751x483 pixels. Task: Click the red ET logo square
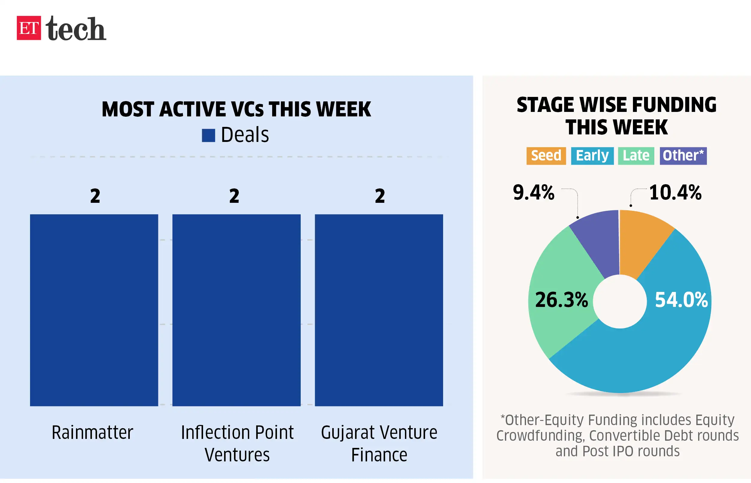29,28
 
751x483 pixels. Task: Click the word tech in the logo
76,28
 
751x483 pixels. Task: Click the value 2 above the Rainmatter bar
95,196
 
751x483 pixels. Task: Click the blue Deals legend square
208,136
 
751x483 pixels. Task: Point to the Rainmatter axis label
92,433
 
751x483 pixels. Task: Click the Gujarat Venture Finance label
379,443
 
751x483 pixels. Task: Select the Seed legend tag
546,156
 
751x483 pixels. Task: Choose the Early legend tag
592,156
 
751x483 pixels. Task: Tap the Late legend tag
636,156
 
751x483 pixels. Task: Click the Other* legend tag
683,156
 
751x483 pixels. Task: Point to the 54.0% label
681,300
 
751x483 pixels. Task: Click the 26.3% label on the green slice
561,300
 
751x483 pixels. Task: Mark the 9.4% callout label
534,192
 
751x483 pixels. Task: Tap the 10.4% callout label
675,192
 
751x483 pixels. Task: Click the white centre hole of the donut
620,301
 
